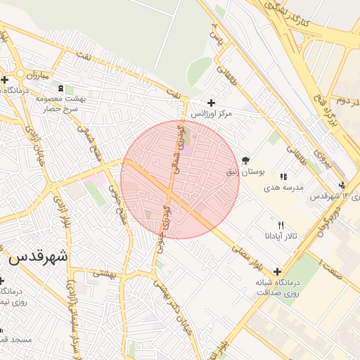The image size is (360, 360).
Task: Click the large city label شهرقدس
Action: tap(39, 257)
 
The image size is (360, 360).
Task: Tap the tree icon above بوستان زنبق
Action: tap(245, 160)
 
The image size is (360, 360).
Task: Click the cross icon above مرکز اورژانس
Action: tap(211, 103)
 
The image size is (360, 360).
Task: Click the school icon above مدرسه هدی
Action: tap(283, 177)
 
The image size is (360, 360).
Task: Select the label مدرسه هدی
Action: tap(283, 188)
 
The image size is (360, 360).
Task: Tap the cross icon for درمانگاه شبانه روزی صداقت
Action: tap(278, 271)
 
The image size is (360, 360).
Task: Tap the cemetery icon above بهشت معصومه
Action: tap(60, 88)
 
